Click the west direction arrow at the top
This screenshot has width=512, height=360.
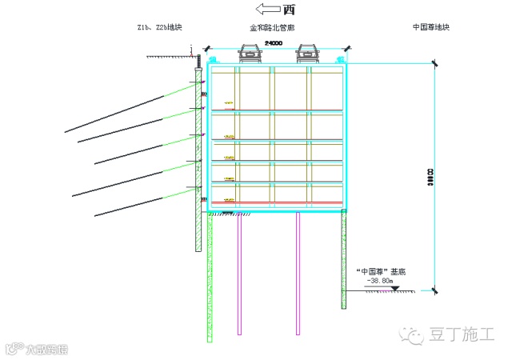click(266, 10)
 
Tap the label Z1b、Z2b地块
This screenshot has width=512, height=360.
click(159, 27)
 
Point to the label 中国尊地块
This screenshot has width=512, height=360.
click(431, 27)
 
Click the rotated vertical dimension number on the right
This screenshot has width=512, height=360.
click(430, 178)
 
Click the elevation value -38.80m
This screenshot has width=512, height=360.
click(379, 282)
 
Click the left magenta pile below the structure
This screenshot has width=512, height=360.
click(238, 272)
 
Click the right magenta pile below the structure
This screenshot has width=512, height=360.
click(298, 272)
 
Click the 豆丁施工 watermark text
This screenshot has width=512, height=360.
click(463, 334)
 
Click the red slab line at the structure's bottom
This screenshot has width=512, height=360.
click(277, 202)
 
